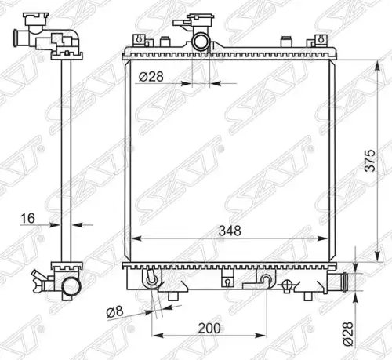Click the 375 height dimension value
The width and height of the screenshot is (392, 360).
[x=370, y=161]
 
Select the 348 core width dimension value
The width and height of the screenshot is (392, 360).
[x=230, y=231]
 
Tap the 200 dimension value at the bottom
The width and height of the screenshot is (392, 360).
[x=209, y=329]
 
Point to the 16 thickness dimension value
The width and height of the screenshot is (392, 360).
[x=27, y=218]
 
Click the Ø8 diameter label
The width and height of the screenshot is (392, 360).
[x=114, y=312]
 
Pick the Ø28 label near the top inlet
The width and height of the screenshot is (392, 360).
[x=151, y=77]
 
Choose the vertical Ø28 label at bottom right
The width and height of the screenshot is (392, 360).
[x=348, y=334]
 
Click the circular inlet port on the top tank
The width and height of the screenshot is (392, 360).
[x=201, y=42]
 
